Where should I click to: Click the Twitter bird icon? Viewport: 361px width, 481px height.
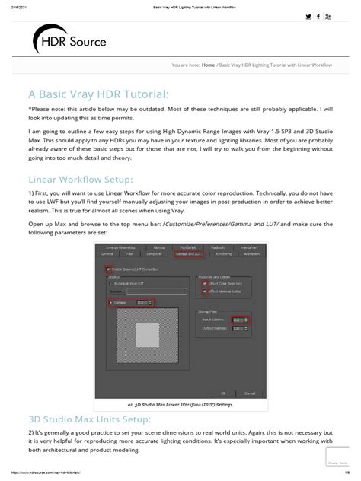point(308,16)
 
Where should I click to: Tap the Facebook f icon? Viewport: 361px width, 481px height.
point(318,16)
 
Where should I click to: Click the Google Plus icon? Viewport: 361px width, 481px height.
point(327,16)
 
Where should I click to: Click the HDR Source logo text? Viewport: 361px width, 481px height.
point(79,42)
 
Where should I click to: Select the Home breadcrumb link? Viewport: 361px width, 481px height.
point(207,65)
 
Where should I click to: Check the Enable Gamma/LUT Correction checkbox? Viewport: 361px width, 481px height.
point(107,269)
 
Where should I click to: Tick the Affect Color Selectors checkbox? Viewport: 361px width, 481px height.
point(203,283)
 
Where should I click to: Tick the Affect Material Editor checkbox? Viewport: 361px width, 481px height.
point(203,290)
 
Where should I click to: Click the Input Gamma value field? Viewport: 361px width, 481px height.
point(239,320)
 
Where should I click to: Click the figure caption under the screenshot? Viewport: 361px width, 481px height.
point(180,405)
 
